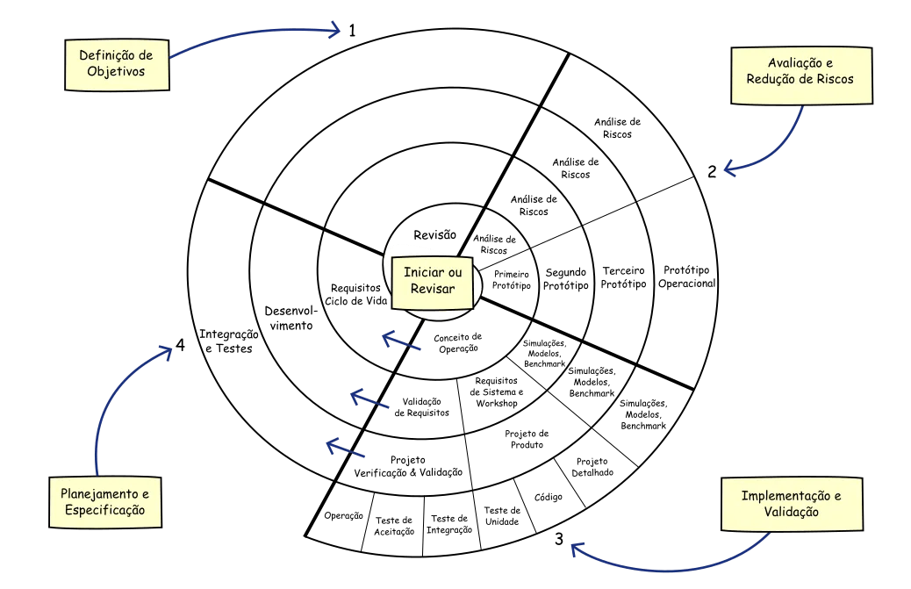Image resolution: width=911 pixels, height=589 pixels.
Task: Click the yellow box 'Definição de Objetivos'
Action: click(118, 63)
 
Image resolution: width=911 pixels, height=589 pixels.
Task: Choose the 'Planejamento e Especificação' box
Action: click(104, 501)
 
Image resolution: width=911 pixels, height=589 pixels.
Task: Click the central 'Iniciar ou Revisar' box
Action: click(431, 281)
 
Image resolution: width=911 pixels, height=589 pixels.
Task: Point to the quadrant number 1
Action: click(352, 31)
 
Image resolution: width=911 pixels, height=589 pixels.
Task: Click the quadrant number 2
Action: click(713, 172)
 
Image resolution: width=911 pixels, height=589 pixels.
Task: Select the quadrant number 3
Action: click(558, 539)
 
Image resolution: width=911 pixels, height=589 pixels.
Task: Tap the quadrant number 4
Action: click(180, 346)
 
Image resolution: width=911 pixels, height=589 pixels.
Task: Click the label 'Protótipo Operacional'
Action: click(688, 277)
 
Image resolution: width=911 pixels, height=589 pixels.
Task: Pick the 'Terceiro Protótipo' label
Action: click(623, 277)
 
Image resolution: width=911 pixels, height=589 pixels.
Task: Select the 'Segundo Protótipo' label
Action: click(566, 278)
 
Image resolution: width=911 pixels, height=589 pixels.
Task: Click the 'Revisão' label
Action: click(435, 234)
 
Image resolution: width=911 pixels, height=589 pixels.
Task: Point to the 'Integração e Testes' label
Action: click(227, 341)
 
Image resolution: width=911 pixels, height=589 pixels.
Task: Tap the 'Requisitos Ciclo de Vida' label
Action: click(355, 294)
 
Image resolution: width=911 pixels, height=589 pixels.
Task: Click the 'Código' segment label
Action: click(548, 497)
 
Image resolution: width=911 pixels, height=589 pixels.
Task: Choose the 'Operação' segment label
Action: click(343, 516)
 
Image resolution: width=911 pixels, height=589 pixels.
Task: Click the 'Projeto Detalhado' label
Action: click(594, 467)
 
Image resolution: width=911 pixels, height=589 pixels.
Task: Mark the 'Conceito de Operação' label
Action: click(459, 342)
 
